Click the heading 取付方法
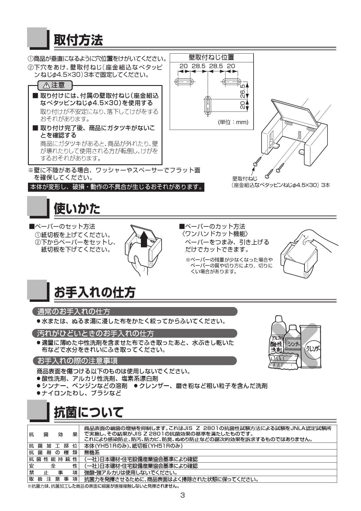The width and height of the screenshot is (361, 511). [78, 40]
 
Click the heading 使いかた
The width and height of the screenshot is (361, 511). [77, 209]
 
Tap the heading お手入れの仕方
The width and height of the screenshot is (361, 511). [95, 292]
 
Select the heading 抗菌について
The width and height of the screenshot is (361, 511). [89, 412]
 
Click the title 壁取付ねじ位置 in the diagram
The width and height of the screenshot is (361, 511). [211, 57]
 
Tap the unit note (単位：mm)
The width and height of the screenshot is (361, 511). [233, 122]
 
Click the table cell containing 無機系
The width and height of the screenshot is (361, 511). [92, 452]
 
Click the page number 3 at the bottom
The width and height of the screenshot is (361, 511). [183, 495]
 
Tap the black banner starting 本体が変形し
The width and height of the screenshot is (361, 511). [116, 187]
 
